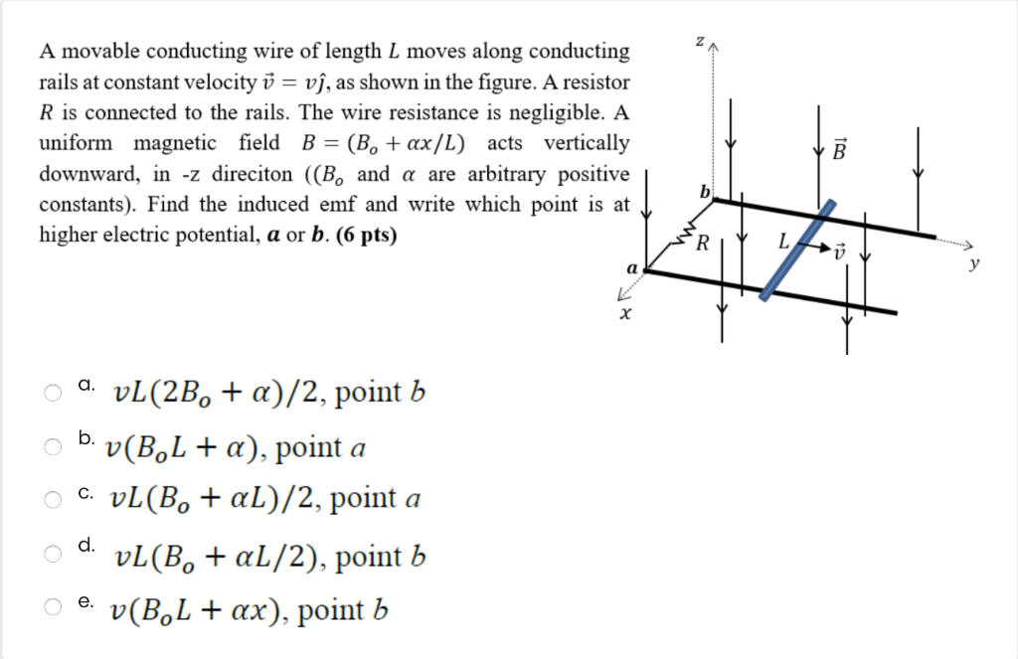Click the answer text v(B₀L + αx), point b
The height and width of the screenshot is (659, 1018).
coord(249,608)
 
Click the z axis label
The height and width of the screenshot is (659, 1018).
coord(700,41)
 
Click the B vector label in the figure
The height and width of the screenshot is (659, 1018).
coord(839,153)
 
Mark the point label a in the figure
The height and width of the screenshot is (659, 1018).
coord(631,268)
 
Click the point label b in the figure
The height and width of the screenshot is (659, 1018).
coord(705,190)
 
